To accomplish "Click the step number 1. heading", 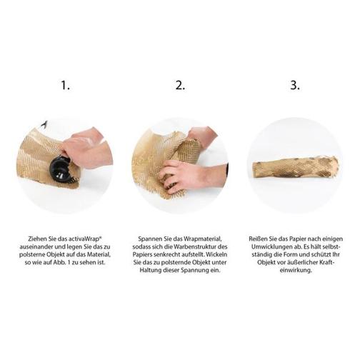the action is [x=66, y=85].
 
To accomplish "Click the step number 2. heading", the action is [x=180, y=85].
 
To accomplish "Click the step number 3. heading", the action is [x=295, y=85].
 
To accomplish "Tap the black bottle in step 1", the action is [x=59, y=169].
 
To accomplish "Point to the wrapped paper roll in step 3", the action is [x=296, y=166].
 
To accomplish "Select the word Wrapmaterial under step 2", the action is [x=203, y=239].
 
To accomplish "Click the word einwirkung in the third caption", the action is [x=296, y=270].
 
